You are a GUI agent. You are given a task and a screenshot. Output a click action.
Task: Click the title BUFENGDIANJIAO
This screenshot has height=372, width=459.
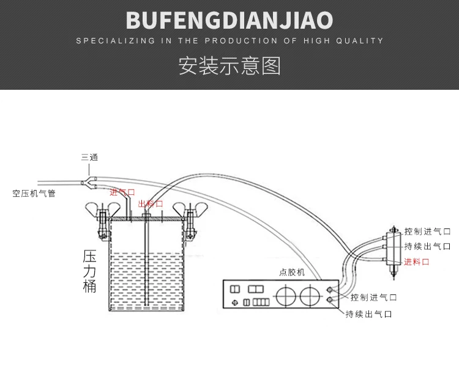pyautogui.click(x=229, y=20)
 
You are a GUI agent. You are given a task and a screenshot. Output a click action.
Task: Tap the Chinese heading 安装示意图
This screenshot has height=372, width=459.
pyautogui.click(x=229, y=65)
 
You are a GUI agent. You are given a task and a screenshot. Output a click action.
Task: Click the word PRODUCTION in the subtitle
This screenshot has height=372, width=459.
pyautogui.click(x=241, y=40)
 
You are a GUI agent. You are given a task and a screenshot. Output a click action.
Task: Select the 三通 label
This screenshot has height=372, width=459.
pyautogui.click(x=89, y=157)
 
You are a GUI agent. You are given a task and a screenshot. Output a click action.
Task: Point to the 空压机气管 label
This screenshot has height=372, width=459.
pyautogui.click(x=34, y=193)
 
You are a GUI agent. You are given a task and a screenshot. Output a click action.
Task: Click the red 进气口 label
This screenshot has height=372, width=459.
pyautogui.click(x=122, y=192)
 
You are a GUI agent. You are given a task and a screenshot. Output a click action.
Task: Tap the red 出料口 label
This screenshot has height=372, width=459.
pyautogui.click(x=151, y=203)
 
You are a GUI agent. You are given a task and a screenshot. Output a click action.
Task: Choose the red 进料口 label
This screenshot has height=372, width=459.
pyautogui.click(x=417, y=261)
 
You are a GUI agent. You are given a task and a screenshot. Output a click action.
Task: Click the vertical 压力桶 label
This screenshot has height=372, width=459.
pyautogui.click(x=89, y=271)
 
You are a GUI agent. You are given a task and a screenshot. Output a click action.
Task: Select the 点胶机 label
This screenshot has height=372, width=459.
pyautogui.click(x=292, y=272)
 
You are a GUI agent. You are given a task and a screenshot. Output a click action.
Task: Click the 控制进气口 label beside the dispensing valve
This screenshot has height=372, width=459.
pyautogui.click(x=427, y=232)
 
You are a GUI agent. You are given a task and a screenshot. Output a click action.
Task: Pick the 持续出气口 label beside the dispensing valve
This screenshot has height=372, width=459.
pyautogui.click(x=427, y=246)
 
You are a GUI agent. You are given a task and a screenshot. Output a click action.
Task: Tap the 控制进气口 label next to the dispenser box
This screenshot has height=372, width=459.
pyautogui.click(x=373, y=297)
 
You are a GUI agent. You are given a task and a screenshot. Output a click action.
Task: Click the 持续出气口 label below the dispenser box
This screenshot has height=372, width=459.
pyautogui.click(x=369, y=314)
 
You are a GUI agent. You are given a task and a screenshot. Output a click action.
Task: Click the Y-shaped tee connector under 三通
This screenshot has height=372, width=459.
pyautogui.click(x=89, y=183)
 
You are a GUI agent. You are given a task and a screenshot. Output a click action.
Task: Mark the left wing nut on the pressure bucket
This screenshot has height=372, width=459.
pyautogui.click(x=103, y=210)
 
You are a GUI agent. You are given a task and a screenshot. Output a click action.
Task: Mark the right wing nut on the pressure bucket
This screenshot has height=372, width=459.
pyautogui.click(x=190, y=210)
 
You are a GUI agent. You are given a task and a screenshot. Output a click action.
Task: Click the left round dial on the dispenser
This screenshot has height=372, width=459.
pyautogui.click(x=286, y=296)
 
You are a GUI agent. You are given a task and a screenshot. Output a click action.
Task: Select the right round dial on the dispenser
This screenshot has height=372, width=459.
pyautogui.click(x=310, y=296)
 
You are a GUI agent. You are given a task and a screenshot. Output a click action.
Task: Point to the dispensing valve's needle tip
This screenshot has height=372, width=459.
pyautogui.click(x=394, y=279)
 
